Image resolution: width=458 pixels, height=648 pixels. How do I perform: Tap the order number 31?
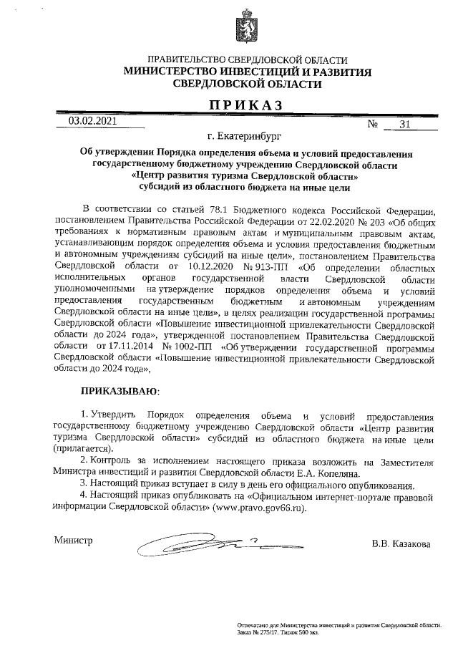405,125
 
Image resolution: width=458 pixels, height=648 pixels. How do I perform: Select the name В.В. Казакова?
401,544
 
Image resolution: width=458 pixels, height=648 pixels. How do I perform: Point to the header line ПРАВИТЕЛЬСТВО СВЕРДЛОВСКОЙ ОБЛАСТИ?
247,61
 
